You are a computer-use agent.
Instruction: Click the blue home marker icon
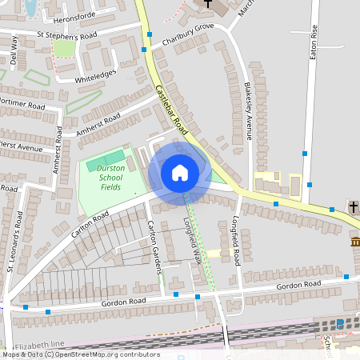(180, 172)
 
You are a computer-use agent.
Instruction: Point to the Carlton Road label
(89, 221)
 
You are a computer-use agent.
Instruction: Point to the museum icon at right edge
(354, 242)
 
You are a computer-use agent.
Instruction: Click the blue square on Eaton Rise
(305, 153)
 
